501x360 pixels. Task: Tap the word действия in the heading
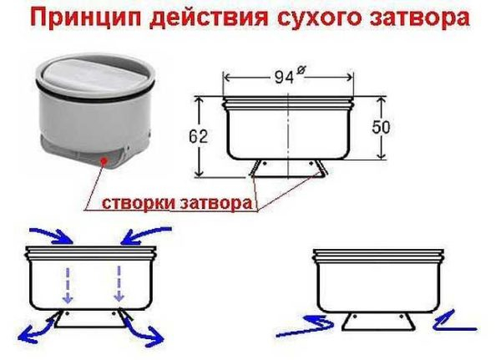tap(209, 18)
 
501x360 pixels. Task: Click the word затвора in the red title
tap(420, 18)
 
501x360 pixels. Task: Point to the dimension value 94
tap(284, 77)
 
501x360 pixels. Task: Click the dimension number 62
tap(198, 136)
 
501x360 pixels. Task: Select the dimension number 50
tap(381, 127)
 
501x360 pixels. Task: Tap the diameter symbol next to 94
tap(300, 70)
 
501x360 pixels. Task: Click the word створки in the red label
tap(139, 203)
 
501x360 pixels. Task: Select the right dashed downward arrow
tap(119, 284)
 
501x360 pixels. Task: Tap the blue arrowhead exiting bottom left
tap(26, 335)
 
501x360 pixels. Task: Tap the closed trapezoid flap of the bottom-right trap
tap(378, 322)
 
